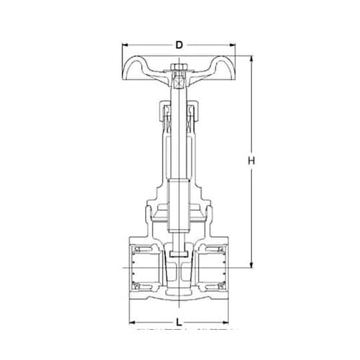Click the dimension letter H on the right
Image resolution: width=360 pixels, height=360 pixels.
click(x=251, y=161)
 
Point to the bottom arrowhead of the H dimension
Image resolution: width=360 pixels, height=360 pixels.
click(x=251, y=266)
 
